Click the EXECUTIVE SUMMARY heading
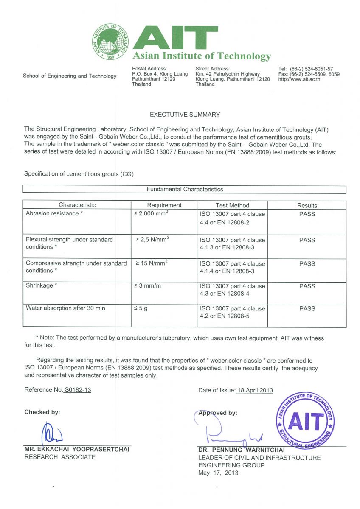point(185,115)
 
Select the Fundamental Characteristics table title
point(185,190)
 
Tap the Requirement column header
point(164,205)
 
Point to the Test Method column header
point(232,205)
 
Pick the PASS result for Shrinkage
point(307,286)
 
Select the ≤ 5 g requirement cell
point(141,309)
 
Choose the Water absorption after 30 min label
point(65,308)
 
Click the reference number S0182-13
point(77,390)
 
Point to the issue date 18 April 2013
point(254,390)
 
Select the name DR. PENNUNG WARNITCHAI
point(242,450)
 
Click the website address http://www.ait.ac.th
point(299,79)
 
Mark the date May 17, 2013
point(218,473)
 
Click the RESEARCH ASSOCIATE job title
point(60,457)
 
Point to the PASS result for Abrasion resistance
point(307,214)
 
